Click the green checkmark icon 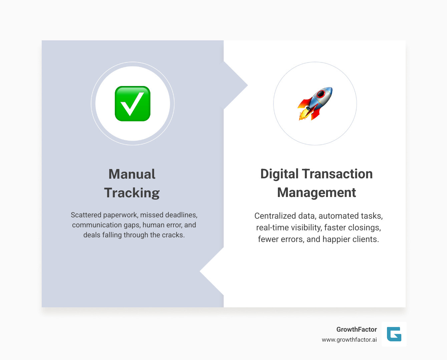132,104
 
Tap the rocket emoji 315,103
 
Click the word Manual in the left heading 132,174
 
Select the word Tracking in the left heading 132,193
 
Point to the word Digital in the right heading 279,174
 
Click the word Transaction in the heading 337,174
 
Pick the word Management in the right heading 317,193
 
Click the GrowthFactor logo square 394,334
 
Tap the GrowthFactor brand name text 356,329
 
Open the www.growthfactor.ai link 349,340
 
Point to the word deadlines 181,215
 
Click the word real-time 270,228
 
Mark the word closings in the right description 364,228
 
